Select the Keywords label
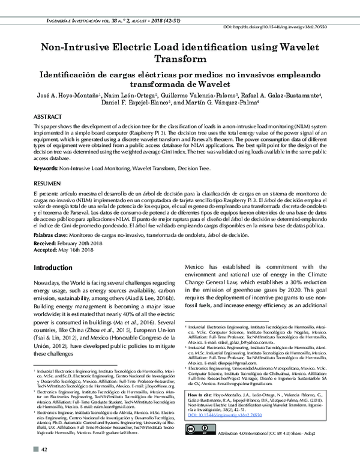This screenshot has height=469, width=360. point(46,170)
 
